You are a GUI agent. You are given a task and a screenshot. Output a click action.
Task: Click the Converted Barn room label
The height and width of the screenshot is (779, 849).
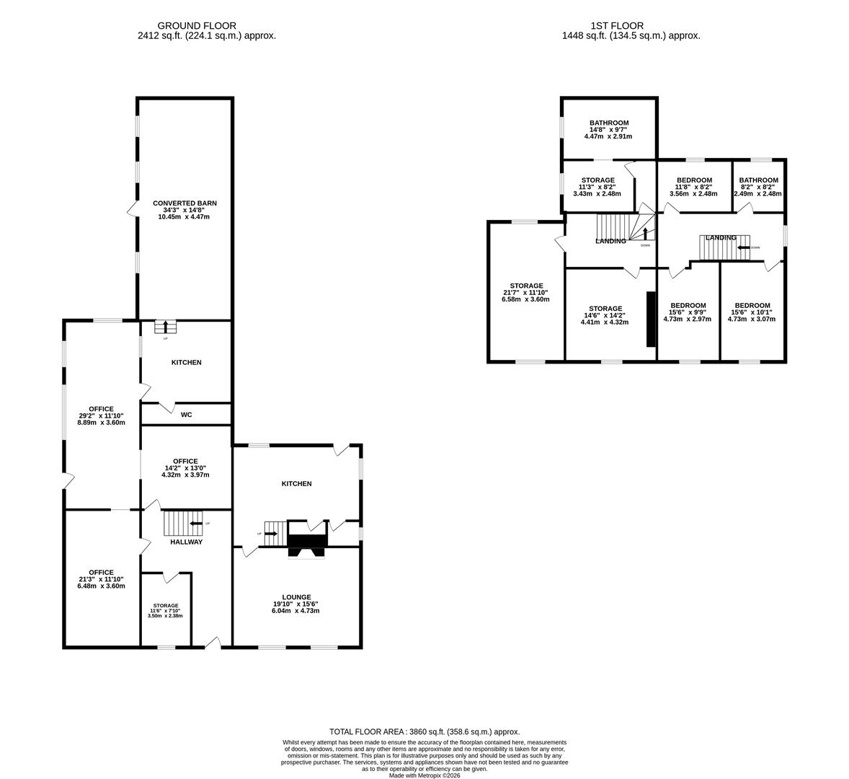[185, 203]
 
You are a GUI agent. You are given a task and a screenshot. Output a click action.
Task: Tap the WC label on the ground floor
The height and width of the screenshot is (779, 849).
[186, 415]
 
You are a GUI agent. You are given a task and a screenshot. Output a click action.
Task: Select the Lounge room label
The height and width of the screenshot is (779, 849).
[296, 597]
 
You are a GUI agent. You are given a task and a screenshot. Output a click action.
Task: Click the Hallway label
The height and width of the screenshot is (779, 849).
[186, 542]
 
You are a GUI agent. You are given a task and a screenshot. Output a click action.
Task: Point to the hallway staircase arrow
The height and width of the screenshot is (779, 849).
[195, 523]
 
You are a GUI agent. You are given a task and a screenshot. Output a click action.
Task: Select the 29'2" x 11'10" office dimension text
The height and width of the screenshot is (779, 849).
[101, 415]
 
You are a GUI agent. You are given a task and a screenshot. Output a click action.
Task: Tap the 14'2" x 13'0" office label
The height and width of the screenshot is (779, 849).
[185, 467]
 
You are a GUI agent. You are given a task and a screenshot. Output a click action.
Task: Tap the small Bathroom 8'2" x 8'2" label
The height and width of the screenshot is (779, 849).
[758, 180]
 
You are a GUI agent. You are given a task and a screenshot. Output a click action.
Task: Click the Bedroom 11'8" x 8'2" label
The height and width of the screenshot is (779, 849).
[685, 180]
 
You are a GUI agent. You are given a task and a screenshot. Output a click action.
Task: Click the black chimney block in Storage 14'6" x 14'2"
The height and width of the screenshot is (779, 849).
[650, 319]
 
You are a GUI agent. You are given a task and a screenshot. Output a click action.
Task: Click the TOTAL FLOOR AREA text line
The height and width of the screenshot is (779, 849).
[424, 731]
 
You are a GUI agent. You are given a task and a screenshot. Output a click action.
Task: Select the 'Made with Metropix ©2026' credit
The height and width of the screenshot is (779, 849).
[424, 775]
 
